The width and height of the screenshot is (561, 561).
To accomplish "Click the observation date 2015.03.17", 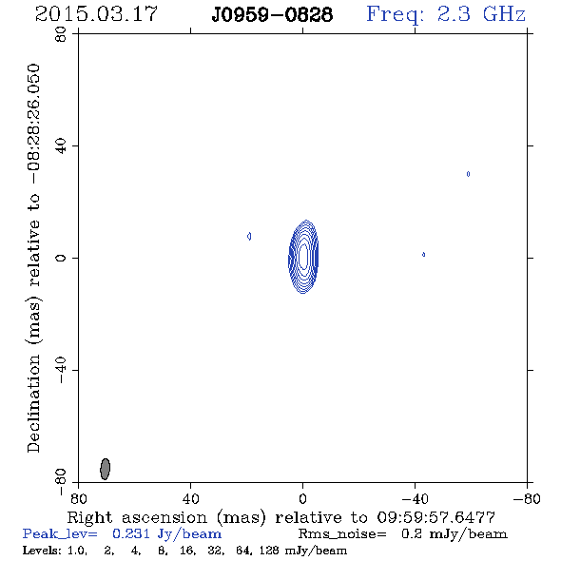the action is (x=96, y=14).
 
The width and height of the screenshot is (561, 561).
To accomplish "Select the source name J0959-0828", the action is (x=272, y=15).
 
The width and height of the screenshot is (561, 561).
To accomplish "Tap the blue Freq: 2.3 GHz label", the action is (x=446, y=15).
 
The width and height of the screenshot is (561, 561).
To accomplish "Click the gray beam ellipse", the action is (x=105, y=469).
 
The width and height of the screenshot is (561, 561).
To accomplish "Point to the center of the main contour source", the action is (x=303, y=257).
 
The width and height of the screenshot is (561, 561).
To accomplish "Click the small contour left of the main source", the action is (x=249, y=236).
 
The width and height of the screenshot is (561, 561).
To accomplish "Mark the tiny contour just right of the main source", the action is (x=424, y=255).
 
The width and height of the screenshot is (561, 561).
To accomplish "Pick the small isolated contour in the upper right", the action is (x=468, y=174).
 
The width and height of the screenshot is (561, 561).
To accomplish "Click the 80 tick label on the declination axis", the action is (x=61, y=35).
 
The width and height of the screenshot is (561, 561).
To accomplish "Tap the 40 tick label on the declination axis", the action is (x=61, y=146).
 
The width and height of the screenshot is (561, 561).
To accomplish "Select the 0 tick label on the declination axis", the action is (x=61, y=258).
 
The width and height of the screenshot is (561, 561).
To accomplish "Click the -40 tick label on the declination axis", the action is (x=61, y=370).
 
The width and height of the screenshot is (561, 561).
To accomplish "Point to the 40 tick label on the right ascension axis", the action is (x=190, y=498).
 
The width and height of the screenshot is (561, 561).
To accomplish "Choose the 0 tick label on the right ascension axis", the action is (x=302, y=498).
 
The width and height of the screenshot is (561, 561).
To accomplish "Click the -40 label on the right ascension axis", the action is (x=415, y=498).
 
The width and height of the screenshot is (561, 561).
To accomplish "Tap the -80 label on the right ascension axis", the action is (x=527, y=498).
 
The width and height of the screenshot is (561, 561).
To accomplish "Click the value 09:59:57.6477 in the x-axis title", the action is (x=435, y=517).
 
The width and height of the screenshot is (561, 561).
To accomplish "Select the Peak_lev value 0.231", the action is (x=131, y=533).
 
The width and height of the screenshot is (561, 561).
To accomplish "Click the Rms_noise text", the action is (x=342, y=534).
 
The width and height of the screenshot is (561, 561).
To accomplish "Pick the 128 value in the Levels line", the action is (x=269, y=550).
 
